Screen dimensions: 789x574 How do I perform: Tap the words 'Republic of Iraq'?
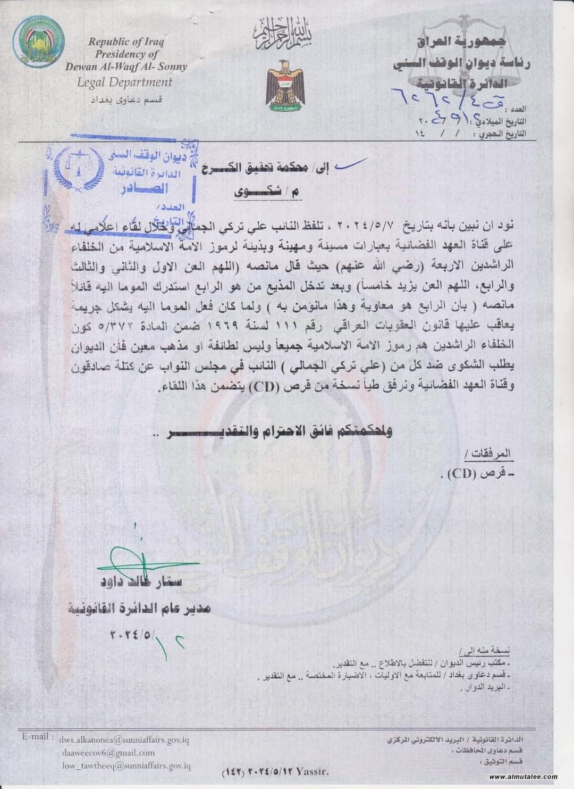[x=126, y=41]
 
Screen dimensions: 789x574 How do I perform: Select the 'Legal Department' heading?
[x=125, y=82]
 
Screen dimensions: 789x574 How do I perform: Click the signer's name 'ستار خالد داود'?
[x=140, y=582]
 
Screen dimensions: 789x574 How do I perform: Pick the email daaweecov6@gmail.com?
[x=109, y=753]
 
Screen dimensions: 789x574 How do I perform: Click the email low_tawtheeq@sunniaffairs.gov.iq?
[x=126, y=766]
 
